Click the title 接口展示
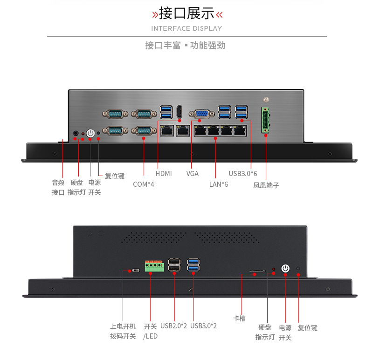187,14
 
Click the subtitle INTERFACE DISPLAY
186,28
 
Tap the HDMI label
164,174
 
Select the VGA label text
193,174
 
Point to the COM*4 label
144,184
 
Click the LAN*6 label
219,184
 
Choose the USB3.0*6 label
242,174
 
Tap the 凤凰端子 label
266,185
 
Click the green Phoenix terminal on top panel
266,120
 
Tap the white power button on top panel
90,134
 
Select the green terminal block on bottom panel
154,266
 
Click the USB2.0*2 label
173,326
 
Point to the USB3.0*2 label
204,326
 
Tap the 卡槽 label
239,319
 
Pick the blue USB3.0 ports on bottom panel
193,265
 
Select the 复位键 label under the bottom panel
308,328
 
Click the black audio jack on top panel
76,134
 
